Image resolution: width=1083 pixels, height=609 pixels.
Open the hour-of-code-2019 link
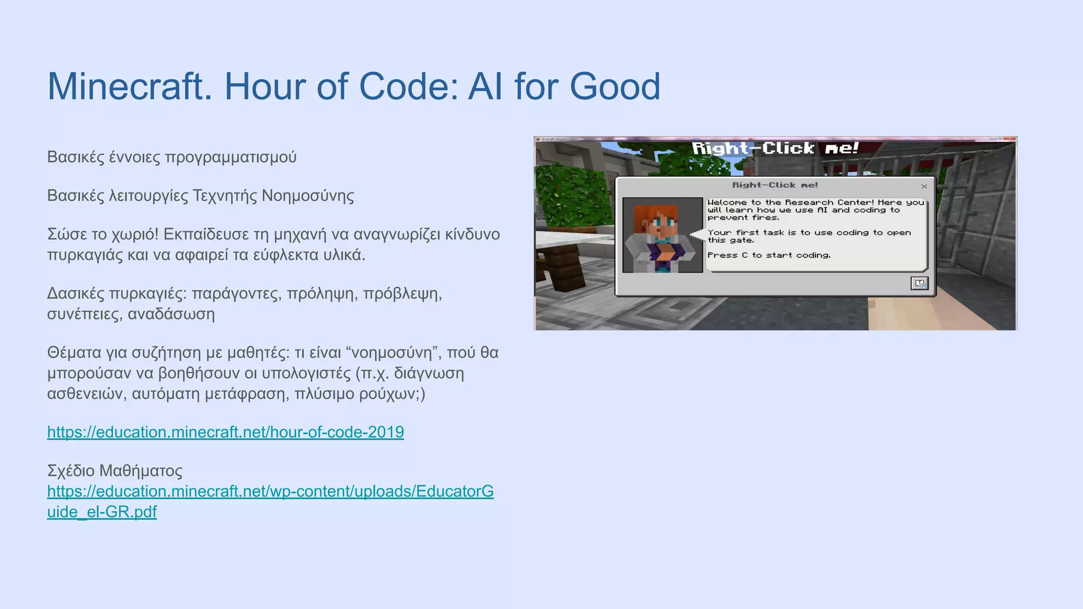pyautogui.click(x=225, y=432)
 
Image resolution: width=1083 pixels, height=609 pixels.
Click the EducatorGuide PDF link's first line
pyautogui.click(x=270, y=492)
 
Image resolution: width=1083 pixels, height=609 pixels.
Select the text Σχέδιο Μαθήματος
pyautogui.click(x=115, y=470)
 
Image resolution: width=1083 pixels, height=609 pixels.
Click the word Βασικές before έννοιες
pyautogui.click(x=76, y=157)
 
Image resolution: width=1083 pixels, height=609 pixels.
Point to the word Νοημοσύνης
pyautogui.click(x=308, y=196)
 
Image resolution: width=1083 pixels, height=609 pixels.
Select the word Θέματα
pyautogui.click(x=75, y=353)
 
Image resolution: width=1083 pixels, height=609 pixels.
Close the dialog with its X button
pyautogui.click(x=924, y=186)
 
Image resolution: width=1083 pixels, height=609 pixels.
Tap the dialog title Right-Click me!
pyautogui.click(x=775, y=185)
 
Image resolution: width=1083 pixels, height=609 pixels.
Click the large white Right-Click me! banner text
pyautogui.click(x=775, y=149)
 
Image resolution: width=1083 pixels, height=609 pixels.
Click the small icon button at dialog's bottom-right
pyautogui.click(x=919, y=284)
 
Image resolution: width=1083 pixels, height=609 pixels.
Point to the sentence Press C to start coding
pyautogui.click(x=769, y=255)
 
